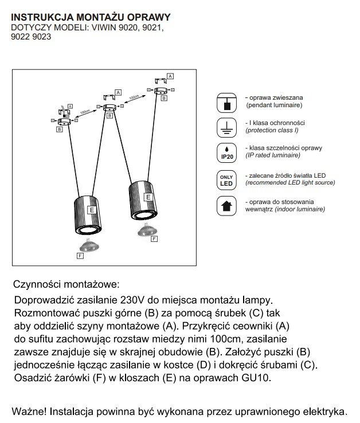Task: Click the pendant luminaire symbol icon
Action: coord(227,103)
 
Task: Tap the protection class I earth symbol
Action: coord(227,127)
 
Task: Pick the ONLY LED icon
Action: coord(227,180)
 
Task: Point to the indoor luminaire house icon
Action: coord(227,206)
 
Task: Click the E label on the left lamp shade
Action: coord(91,210)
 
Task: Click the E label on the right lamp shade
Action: coord(148,197)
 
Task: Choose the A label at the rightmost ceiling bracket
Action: coord(170,76)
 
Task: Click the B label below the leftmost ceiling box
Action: coord(59,130)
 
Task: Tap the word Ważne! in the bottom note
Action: coord(29,412)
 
